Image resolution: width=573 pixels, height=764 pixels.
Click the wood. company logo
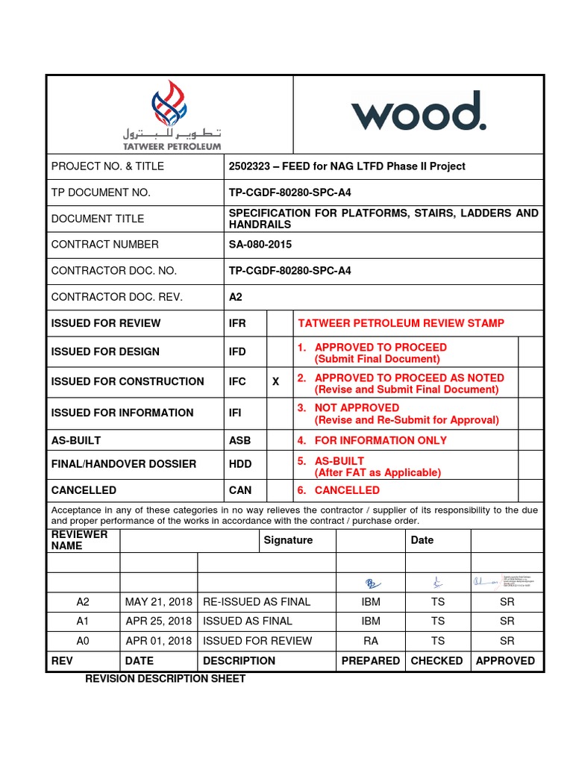(x=419, y=112)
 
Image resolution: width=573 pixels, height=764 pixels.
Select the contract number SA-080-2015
(x=260, y=245)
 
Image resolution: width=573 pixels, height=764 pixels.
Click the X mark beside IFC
(x=275, y=381)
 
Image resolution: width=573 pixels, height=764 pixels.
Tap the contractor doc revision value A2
(x=236, y=297)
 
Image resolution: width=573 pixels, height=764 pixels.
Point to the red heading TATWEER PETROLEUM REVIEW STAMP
(x=401, y=323)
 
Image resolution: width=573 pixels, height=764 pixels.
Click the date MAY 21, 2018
(x=158, y=601)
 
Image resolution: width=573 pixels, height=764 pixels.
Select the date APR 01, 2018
(x=158, y=641)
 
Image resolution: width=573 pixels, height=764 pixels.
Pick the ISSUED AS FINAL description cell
(x=248, y=621)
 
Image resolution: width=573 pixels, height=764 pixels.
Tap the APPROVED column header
(x=505, y=661)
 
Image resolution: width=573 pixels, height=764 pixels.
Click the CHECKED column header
(x=436, y=661)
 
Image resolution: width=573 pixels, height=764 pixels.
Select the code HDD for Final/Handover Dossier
(x=240, y=463)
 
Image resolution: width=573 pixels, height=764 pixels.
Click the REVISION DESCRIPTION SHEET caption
(x=165, y=679)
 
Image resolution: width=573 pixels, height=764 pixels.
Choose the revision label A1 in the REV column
(x=83, y=621)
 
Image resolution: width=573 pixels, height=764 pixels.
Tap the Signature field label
(x=288, y=540)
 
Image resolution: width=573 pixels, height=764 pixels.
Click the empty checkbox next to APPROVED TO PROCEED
(x=530, y=351)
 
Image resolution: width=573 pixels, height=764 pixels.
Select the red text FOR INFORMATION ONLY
(x=381, y=440)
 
